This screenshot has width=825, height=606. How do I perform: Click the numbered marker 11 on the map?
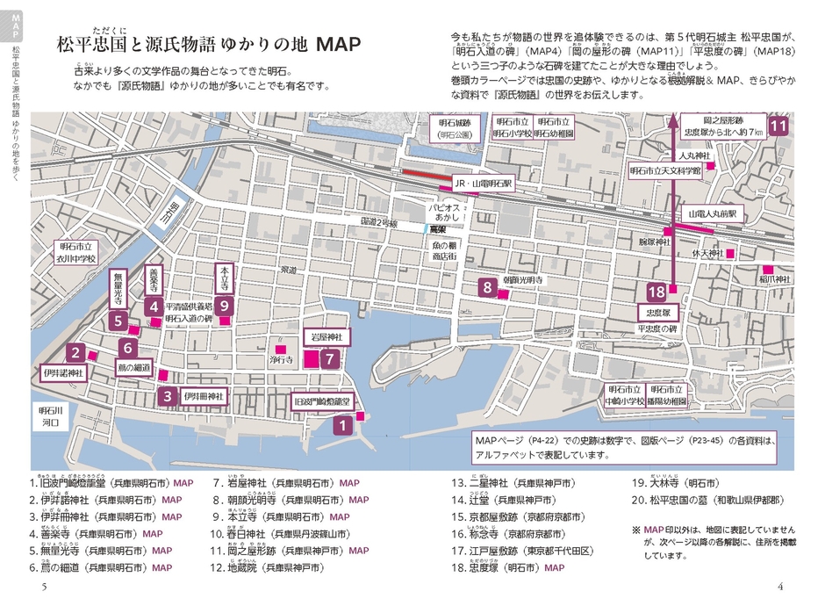pyautogui.click(x=778, y=126)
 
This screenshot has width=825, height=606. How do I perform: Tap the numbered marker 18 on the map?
pyautogui.click(x=656, y=292)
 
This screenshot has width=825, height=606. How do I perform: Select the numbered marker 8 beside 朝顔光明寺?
pyautogui.click(x=486, y=285)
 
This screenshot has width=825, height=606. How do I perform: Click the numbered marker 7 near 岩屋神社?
pyautogui.click(x=328, y=358)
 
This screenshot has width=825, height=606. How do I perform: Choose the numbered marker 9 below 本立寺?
pyautogui.click(x=225, y=306)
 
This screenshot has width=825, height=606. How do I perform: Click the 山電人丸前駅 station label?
pyautogui.click(x=713, y=213)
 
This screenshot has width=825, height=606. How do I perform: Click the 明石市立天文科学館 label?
pyautogui.click(x=665, y=171)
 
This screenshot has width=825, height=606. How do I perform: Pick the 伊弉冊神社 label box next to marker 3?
pyautogui.click(x=204, y=396)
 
